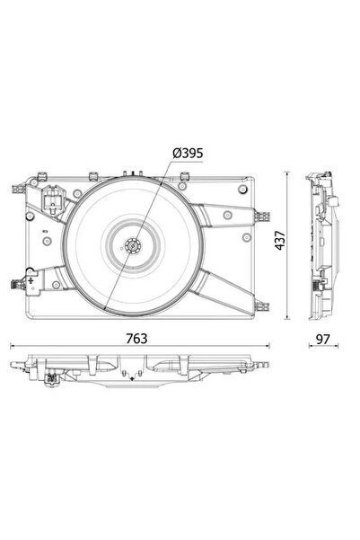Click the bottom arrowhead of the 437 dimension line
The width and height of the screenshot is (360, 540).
click(286, 321)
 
